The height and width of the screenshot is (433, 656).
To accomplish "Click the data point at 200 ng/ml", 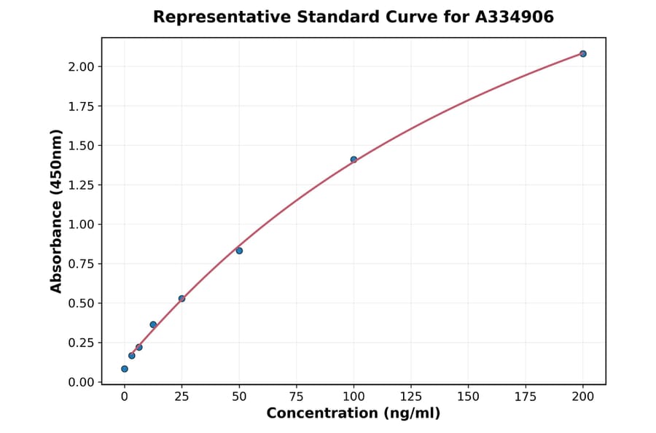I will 583,54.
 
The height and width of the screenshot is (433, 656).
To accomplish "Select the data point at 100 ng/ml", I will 354,160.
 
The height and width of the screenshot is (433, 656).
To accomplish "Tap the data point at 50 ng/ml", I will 239,251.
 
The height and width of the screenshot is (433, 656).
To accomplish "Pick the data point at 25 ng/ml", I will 181,299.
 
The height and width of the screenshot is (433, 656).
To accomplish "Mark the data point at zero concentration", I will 125,369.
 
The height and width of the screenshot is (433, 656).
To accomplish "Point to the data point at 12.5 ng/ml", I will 153,324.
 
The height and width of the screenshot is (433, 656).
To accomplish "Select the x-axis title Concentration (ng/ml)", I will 353,413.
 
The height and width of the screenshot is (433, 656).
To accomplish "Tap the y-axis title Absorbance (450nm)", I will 56,211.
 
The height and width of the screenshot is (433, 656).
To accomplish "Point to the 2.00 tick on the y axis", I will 82,67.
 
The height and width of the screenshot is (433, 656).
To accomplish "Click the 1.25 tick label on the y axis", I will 82,185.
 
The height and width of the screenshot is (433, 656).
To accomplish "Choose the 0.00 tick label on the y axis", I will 82,382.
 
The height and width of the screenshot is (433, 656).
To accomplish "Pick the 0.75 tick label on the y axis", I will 82,264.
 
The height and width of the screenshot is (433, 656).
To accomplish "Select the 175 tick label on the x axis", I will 526,397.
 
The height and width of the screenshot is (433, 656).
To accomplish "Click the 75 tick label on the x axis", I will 297,397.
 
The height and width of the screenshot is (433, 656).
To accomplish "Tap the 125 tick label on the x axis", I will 411,397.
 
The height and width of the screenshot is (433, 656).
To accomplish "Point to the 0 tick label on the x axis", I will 125,397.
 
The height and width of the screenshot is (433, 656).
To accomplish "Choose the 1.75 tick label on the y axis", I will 82,106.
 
